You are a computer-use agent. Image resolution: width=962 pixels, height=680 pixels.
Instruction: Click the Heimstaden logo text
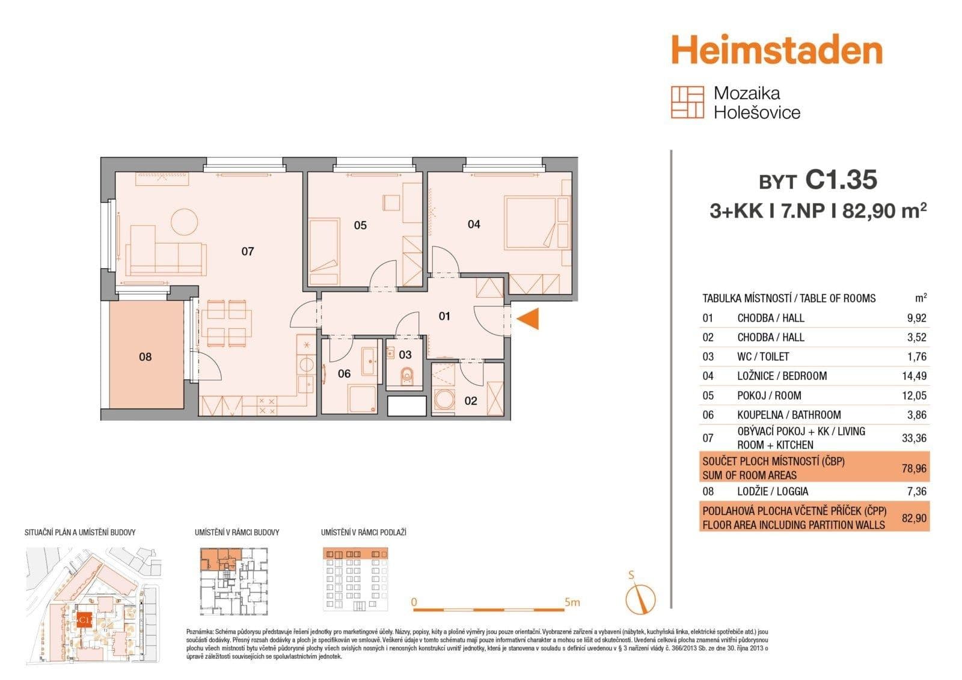click(x=776, y=50)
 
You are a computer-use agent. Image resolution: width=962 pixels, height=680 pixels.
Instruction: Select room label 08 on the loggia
click(x=145, y=357)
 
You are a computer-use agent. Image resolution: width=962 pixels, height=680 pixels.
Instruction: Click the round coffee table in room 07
click(x=184, y=221)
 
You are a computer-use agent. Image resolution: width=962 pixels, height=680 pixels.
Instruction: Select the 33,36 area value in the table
click(x=913, y=438)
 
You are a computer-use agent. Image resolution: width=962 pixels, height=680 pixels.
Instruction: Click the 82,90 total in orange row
click(x=913, y=518)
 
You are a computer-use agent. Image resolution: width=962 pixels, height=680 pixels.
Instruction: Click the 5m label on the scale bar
click(x=572, y=602)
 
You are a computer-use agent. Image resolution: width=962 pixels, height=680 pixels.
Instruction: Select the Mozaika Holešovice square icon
click(x=687, y=102)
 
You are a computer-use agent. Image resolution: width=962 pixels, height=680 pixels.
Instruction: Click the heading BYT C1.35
click(x=818, y=180)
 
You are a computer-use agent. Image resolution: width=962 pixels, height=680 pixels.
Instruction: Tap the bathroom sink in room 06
click(x=369, y=361)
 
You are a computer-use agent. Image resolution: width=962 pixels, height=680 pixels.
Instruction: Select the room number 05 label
click(x=360, y=225)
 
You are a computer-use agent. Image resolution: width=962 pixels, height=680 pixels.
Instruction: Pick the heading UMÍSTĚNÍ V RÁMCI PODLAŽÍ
click(x=364, y=532)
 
